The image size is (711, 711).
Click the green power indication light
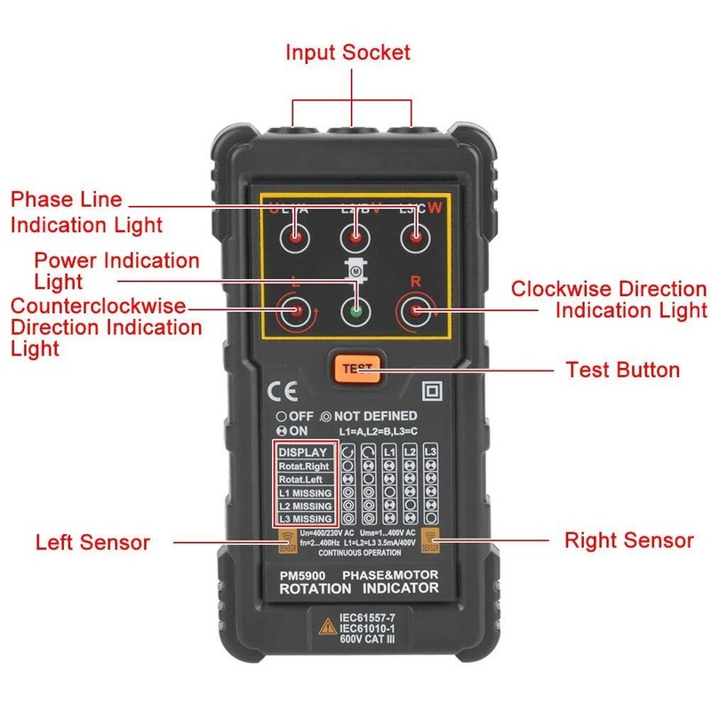tap(355, 312)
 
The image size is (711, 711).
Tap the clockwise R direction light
tap(414, 312)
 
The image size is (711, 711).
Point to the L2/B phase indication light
tap(355, 238)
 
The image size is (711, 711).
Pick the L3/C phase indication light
tap(413, 238)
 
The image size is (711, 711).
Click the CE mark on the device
tap(277, 391)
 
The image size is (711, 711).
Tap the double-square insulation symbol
tap(434, 390)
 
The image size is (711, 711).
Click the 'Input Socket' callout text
tap(348, 52)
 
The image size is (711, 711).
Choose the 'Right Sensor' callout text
tap(629, 539)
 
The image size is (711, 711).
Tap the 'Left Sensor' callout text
tap(93, 542)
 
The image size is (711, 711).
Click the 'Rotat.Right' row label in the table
tap(304, 466)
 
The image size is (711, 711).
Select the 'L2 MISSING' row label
tap(305, 506)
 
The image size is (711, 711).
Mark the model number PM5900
tap(300, 575)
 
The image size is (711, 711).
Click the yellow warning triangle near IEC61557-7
tap(325, 627)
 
